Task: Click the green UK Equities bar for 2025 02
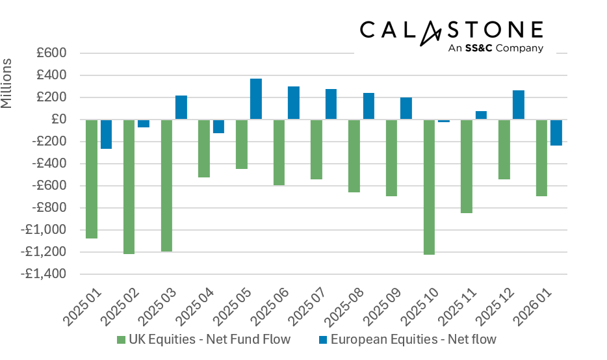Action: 129,186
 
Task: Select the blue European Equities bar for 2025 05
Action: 256,99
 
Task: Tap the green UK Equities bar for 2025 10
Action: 429,187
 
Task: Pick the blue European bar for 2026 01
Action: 556,133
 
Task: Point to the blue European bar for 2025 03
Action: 181,107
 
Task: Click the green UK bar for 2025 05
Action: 242,144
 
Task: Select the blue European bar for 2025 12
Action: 519,105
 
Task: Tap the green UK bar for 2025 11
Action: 467,166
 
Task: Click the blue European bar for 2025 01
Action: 106,134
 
